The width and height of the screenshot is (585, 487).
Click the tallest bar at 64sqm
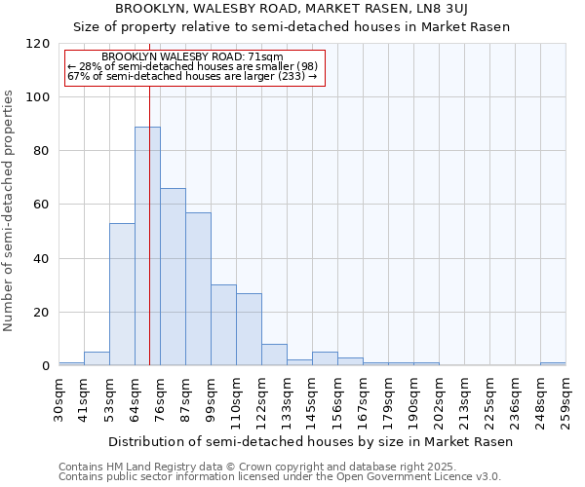(x=147, y=246)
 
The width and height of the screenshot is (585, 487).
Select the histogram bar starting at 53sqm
(x=122, y=294)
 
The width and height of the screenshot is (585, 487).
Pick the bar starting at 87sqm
(x=198, y=289)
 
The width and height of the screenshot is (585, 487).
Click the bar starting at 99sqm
(x=223, y=325)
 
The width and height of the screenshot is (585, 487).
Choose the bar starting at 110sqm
(x=249, y=329)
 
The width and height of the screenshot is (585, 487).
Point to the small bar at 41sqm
(x=97, y=358)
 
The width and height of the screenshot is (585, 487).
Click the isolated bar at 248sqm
(x=553, y=363)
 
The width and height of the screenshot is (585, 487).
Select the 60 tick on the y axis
(x=41, y=205)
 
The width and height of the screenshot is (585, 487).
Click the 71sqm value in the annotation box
(x=265, y=57)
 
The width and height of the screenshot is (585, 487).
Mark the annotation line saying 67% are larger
(x=192, y=76)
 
